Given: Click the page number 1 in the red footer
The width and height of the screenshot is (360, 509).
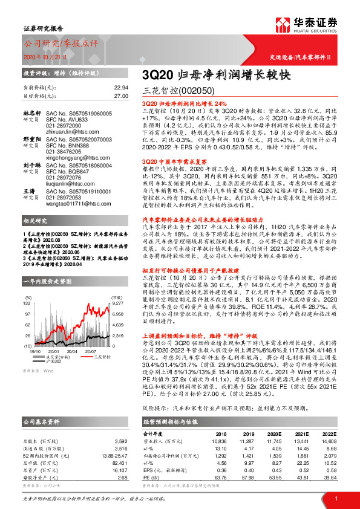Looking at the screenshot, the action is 335,497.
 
